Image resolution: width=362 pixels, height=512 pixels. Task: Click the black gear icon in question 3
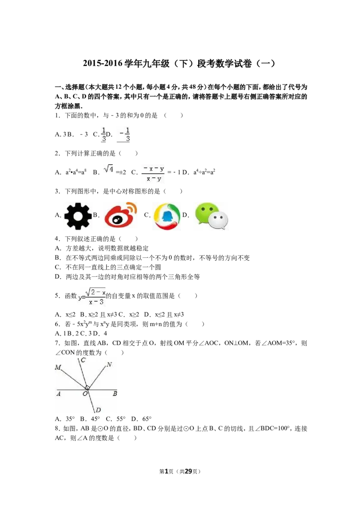(x=78, y=216)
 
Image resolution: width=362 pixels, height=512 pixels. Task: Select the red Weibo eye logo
(x=120, y=215)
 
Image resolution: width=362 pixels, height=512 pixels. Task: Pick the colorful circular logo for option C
(x=167, y=216)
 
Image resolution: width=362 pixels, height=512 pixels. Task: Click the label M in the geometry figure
(x=58, y=367)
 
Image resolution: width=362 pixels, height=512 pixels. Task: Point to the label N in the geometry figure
(x=109, y=365)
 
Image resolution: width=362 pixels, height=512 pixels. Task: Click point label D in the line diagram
(x=98, y=410)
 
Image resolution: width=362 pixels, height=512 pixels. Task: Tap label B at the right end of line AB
(x=114, y=393)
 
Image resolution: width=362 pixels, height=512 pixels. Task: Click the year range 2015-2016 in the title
(x=102, y=63)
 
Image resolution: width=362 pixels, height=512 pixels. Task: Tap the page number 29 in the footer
(x=188, y=471)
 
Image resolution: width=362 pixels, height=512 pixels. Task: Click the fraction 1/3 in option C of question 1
(x=103, y=134)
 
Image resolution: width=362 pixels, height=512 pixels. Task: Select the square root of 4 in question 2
(x=109, y=169)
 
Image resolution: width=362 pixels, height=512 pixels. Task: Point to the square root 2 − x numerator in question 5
(x=95, y=292)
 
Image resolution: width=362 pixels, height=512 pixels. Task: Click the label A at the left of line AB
(x=58, y=394)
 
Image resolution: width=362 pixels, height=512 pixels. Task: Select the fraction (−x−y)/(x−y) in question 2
(x=153, y=174)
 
